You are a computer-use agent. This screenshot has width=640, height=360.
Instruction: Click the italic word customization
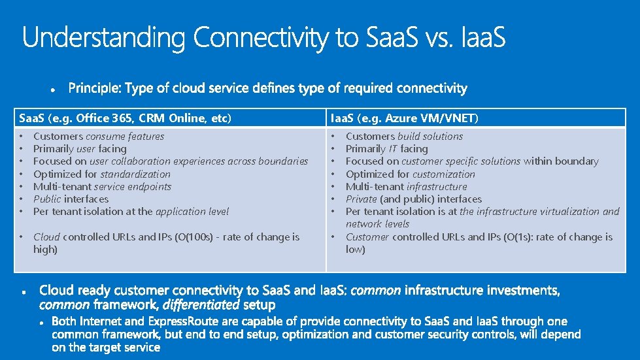(x=444, y=174)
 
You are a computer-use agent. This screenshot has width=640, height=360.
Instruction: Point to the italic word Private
(x=361, y=199)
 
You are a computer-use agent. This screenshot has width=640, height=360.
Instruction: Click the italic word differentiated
(x=201, y=304)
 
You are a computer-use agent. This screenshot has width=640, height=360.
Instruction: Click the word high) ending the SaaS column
(x=46, y=249)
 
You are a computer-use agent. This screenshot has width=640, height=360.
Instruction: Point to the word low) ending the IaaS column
(x=356, y=249)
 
